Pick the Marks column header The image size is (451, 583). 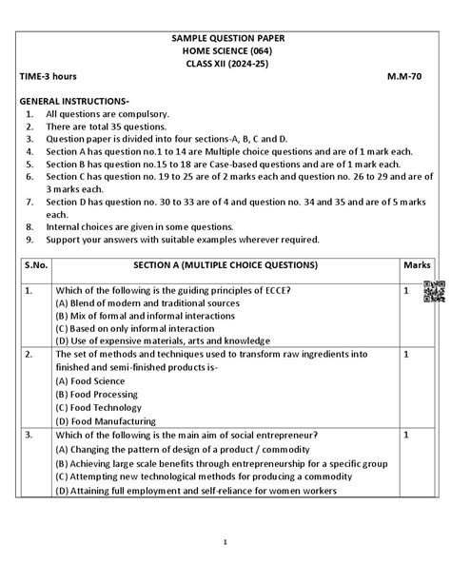click(x=417, y=264)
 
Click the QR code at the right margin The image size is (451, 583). click(x=434, y=292)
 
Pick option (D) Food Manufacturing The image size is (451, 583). click(x=105, y=420)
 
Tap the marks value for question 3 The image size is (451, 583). click(x=406, y=435)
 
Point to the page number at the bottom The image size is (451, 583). click(x=225, y=542)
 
